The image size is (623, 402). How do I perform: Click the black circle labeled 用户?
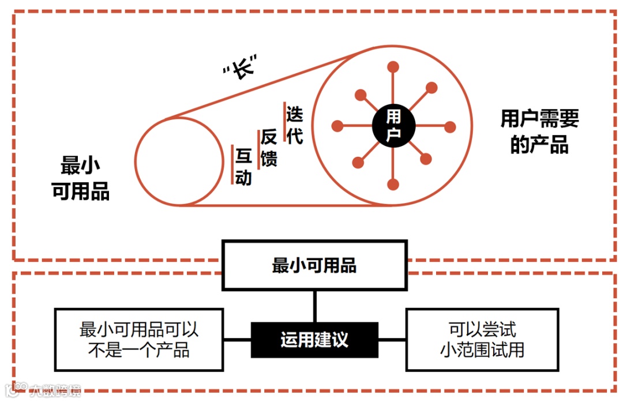393,125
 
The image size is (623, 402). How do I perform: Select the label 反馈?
269,148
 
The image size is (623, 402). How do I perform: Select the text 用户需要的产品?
539,132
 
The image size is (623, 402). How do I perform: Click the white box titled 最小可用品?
314,265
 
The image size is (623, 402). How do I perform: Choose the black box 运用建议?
314,340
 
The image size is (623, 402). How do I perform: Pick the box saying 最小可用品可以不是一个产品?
139,340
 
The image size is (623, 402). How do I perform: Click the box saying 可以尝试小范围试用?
482,340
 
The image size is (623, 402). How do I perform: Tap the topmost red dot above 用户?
393,67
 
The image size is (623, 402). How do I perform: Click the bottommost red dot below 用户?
393,185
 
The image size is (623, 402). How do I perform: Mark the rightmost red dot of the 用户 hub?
450,126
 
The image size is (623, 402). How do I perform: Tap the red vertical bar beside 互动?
232,165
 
